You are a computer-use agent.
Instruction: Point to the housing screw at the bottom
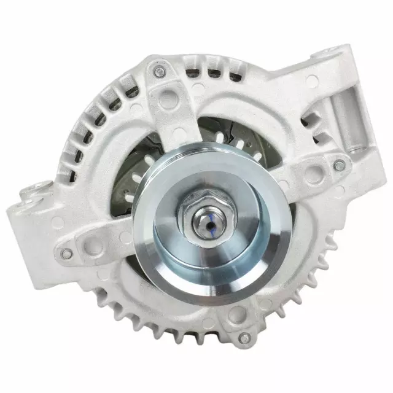[244, 337]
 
